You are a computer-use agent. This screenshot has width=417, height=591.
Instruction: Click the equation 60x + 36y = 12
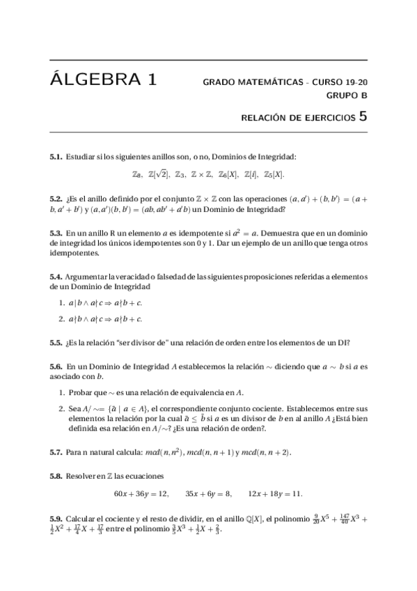pyautogui.click(x=141, y=493)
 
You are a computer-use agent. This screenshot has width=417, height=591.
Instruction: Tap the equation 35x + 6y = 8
pyautogui.click(x=208, y=493)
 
